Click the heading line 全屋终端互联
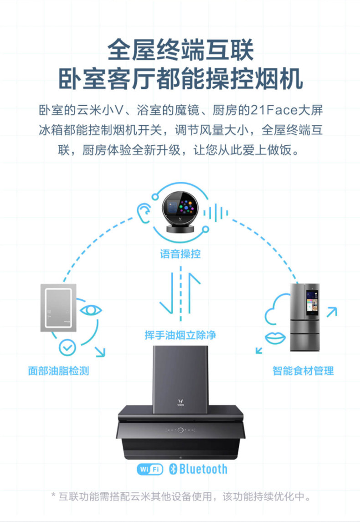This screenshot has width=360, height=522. [180, 51]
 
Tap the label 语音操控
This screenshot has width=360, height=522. [180, 254]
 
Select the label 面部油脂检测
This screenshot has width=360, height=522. [58, 371]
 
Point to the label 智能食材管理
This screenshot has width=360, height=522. [303, 371]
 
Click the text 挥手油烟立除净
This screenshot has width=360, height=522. [180, 336]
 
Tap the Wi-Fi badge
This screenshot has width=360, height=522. [150, 469]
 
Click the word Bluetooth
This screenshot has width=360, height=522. [203, 469]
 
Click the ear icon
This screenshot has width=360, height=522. [144, 212]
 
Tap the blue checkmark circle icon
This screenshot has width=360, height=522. [67, 348]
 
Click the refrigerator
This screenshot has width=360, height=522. [305, 317]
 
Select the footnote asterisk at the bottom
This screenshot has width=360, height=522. [54, 495]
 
